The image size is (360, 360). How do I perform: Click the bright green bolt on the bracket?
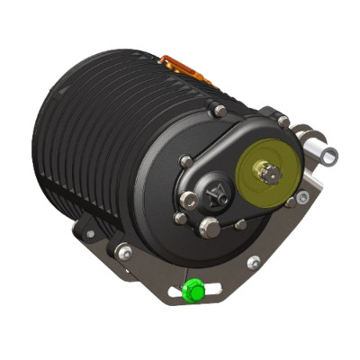pos(193,292)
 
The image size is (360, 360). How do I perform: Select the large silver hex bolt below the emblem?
pos(209,227)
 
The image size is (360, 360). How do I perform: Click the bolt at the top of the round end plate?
pos(219,111)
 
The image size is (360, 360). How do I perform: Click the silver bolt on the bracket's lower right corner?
pos(255,262)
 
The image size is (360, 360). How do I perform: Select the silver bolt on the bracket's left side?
pos(123,254)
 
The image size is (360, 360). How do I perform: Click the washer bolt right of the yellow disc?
pos(303,196)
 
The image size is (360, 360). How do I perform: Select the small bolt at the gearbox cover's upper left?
pos(185,161)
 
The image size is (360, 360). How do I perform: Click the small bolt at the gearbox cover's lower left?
pos(180,219)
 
